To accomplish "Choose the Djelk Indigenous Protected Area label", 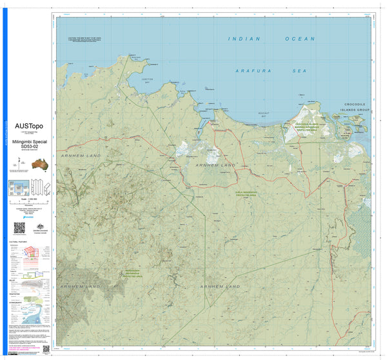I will (244, 192).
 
